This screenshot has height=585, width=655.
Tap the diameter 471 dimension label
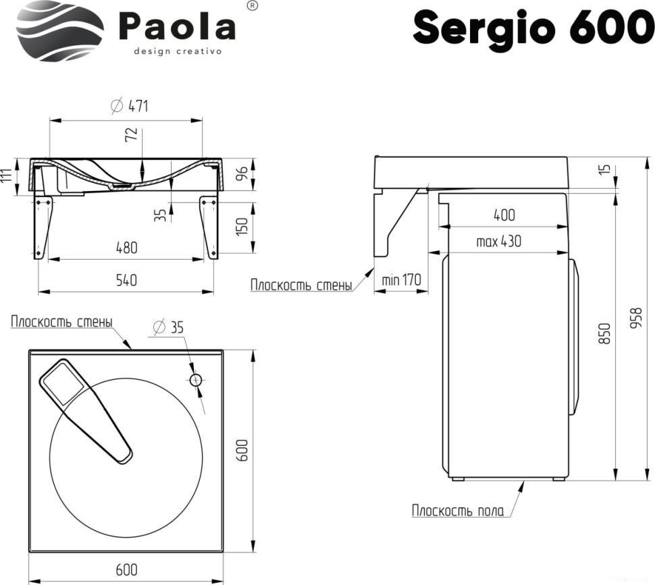[x=129, y=105]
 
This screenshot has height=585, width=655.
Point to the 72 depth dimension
[x=132, y=134]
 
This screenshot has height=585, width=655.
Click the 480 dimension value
[x=126, y=248]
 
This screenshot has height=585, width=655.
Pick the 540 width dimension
[x=126, y=280]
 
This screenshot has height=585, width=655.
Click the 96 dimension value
[x=244, y=174]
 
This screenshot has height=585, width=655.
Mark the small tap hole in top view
[x=196, y=379]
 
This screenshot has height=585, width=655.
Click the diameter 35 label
[x=169, y=327]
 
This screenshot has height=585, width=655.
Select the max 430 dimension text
[x=498, y=242]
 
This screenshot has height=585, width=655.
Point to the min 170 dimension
[x=401, y=279]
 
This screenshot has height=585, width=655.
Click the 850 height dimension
[x=606, y=334]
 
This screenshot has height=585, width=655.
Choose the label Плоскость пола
[x=458, y=511]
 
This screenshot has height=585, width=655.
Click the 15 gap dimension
[x=606, y=169]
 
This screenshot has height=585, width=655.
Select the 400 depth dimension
[x=504, y=215]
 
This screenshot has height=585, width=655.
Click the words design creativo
[x=178, y=51]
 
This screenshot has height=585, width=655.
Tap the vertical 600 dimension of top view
[x=243, y=450]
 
